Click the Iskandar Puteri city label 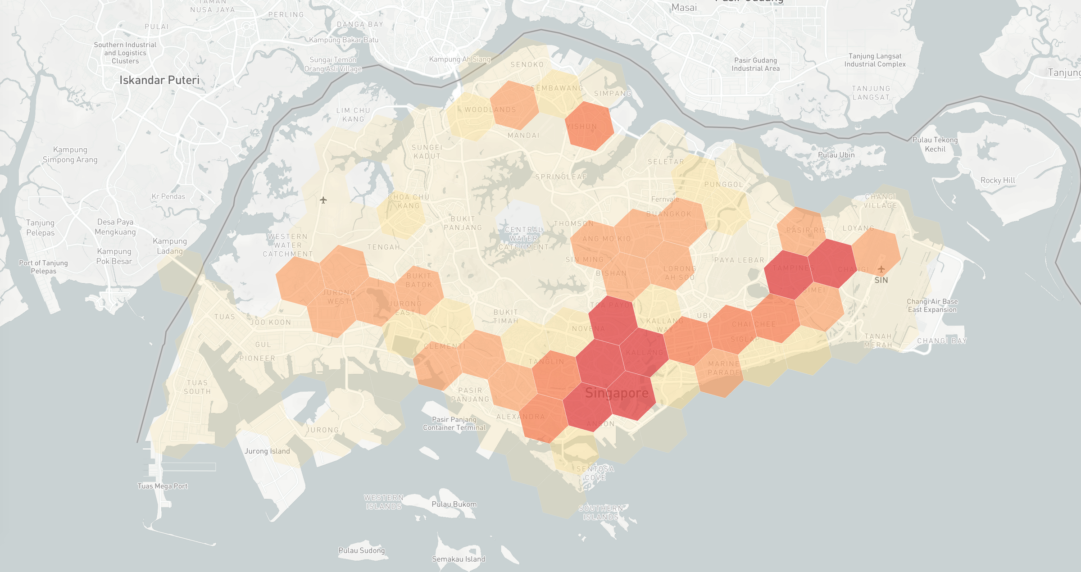159,80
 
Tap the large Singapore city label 617,393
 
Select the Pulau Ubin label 836,155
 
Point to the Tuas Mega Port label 162,486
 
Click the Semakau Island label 459,559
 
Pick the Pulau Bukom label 454,504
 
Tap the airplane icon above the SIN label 881,269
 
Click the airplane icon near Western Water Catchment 323,200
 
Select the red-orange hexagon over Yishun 589,126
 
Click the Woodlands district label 490,109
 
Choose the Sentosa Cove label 595,473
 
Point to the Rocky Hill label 998,180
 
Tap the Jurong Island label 267,451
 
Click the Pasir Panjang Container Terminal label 454,423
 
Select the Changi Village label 880,201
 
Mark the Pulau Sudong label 362,550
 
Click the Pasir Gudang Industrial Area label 755,64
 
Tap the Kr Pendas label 168,196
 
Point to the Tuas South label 197,387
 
